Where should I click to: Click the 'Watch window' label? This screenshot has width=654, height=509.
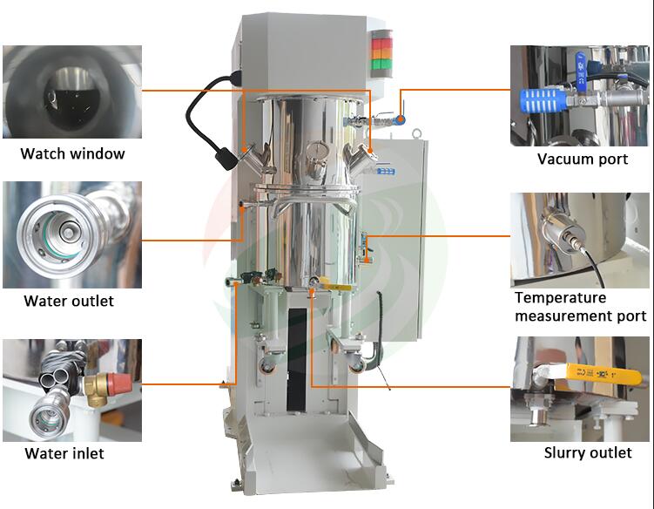point(72,153)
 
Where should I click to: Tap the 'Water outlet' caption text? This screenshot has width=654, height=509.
point(69,301)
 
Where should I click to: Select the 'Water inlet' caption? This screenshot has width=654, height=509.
point(64,453)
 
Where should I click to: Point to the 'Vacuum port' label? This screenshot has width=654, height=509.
point(583,159)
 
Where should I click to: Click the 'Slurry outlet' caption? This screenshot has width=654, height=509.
point(588,452)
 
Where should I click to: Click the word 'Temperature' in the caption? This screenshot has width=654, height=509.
point(561,298)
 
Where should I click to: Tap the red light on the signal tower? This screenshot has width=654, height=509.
point(381,44)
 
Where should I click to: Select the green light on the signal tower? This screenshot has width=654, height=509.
point(381,64)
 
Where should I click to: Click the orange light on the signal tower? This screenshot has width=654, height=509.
point(381,54)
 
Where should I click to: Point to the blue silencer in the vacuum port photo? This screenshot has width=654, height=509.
point(543,100)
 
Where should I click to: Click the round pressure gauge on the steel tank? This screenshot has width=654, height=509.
point(317,149)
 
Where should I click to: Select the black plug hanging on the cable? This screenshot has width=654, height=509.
point(226,159)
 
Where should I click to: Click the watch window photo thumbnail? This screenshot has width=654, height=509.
point(72,92)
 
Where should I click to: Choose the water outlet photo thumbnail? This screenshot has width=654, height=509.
point(72,234)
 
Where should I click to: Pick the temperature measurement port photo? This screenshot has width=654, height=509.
point(580,240)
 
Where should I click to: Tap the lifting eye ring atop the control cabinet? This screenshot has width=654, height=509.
point(416,133)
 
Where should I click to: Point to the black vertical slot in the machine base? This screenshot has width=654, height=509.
point(297,360)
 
